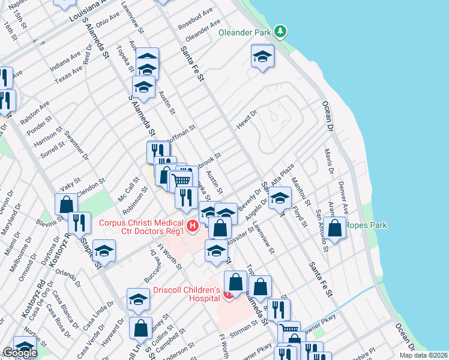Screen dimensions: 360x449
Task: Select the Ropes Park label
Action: pyautogui.click(x=370, y=225)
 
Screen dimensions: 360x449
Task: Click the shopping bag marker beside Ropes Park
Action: pyautogui.click(x=336, y=227)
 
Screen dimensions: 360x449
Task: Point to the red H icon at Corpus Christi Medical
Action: pyautogui.click(x=192, y=226)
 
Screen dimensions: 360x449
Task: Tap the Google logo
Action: pyautogui.click(x=19, y=353)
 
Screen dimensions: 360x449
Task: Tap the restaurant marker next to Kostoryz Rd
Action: pyautogui.click(x=79, y=223)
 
